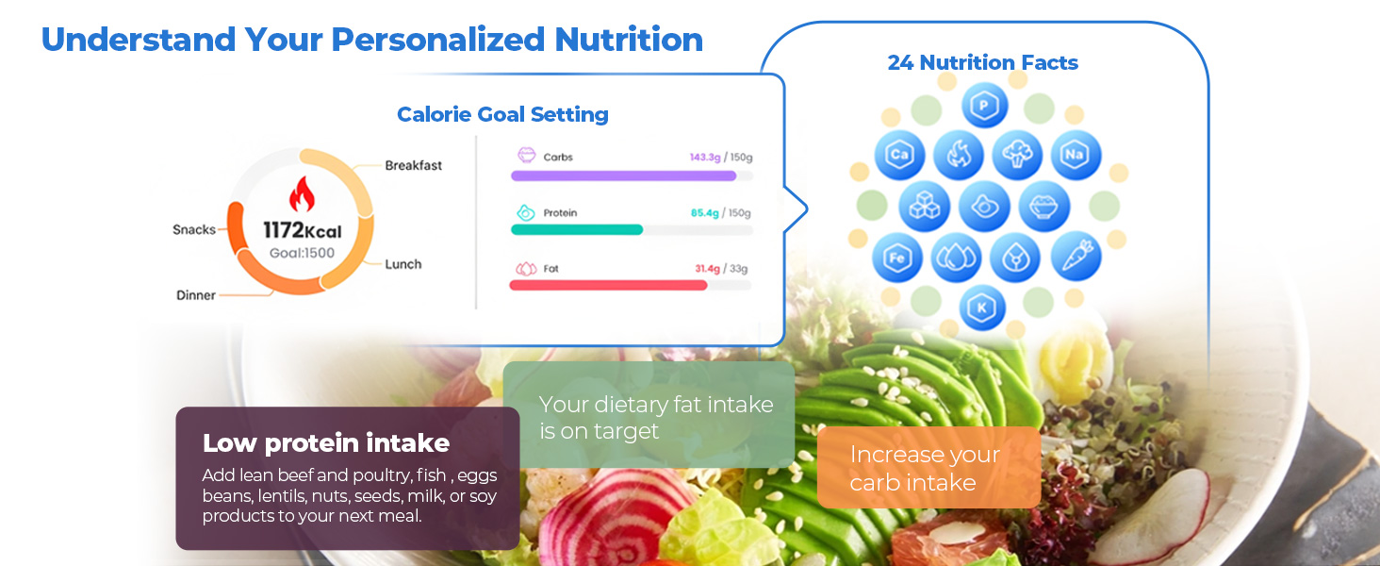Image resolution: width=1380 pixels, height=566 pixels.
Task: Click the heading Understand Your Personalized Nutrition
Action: (x=371, y=40)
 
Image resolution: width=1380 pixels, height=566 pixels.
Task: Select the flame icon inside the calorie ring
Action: (x=302, y=195)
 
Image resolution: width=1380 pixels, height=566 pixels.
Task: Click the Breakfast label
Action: (x=413, y=165)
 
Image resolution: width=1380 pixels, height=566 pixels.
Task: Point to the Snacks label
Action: (x=194, y=229)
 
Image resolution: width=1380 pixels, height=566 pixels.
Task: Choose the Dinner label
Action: (x=196, y=295)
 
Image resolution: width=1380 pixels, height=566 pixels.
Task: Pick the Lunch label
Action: (x=403, y=264)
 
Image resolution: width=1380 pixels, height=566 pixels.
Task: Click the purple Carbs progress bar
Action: (x=623, y=175)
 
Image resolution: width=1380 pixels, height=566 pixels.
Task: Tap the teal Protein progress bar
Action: (x=577, y=229)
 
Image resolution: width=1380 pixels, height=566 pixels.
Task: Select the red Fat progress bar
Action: (x=608, y=285)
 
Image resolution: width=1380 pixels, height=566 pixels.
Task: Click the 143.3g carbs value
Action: (x=704, y=158)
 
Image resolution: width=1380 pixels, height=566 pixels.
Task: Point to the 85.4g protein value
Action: (x=705, y=213)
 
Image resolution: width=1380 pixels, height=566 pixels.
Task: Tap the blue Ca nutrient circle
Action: (x=898, y=155)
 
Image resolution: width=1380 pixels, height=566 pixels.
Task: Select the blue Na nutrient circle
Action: (x=1076, y=155)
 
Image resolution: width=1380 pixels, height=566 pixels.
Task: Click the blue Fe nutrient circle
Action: (x=897, y=256)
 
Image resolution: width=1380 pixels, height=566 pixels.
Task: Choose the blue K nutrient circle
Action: (x=983, y=308)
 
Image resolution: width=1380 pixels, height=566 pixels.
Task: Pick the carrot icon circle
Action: (x=1076, y=256)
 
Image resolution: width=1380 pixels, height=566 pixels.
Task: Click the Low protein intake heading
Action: (x=326, y=442)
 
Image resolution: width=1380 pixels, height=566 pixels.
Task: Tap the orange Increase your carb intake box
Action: (x=928, y=468)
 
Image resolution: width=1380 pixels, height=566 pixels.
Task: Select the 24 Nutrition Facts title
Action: (x=982, y=63)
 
